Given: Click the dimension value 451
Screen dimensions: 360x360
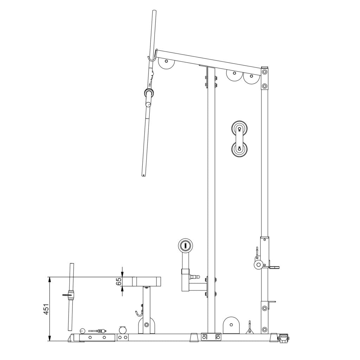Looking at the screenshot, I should tap(46, 309).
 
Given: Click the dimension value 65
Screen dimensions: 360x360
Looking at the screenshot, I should tap(119, 282).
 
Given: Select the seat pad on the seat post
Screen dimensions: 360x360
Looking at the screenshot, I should tap(147, 281).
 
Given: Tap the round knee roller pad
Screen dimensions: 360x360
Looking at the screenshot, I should tap(185, 245).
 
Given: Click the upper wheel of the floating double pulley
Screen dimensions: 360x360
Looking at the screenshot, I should tap(239, 128).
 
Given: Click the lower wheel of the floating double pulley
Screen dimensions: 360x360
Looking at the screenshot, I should tap(239, 148).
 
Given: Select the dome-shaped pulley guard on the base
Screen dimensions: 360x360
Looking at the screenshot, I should tap(231, 325).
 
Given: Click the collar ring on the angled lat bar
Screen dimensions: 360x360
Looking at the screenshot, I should tap(149, 94).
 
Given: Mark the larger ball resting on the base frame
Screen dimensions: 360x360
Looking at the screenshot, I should tap(123, 330).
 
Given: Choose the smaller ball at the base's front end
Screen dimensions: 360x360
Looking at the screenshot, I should tap(83, 330).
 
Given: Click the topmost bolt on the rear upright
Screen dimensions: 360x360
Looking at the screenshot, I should tap(264, 72).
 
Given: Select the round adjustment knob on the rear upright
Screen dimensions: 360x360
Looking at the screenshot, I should tap(259, 264).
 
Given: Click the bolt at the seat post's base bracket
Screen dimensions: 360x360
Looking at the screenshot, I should tap(147, 324).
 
